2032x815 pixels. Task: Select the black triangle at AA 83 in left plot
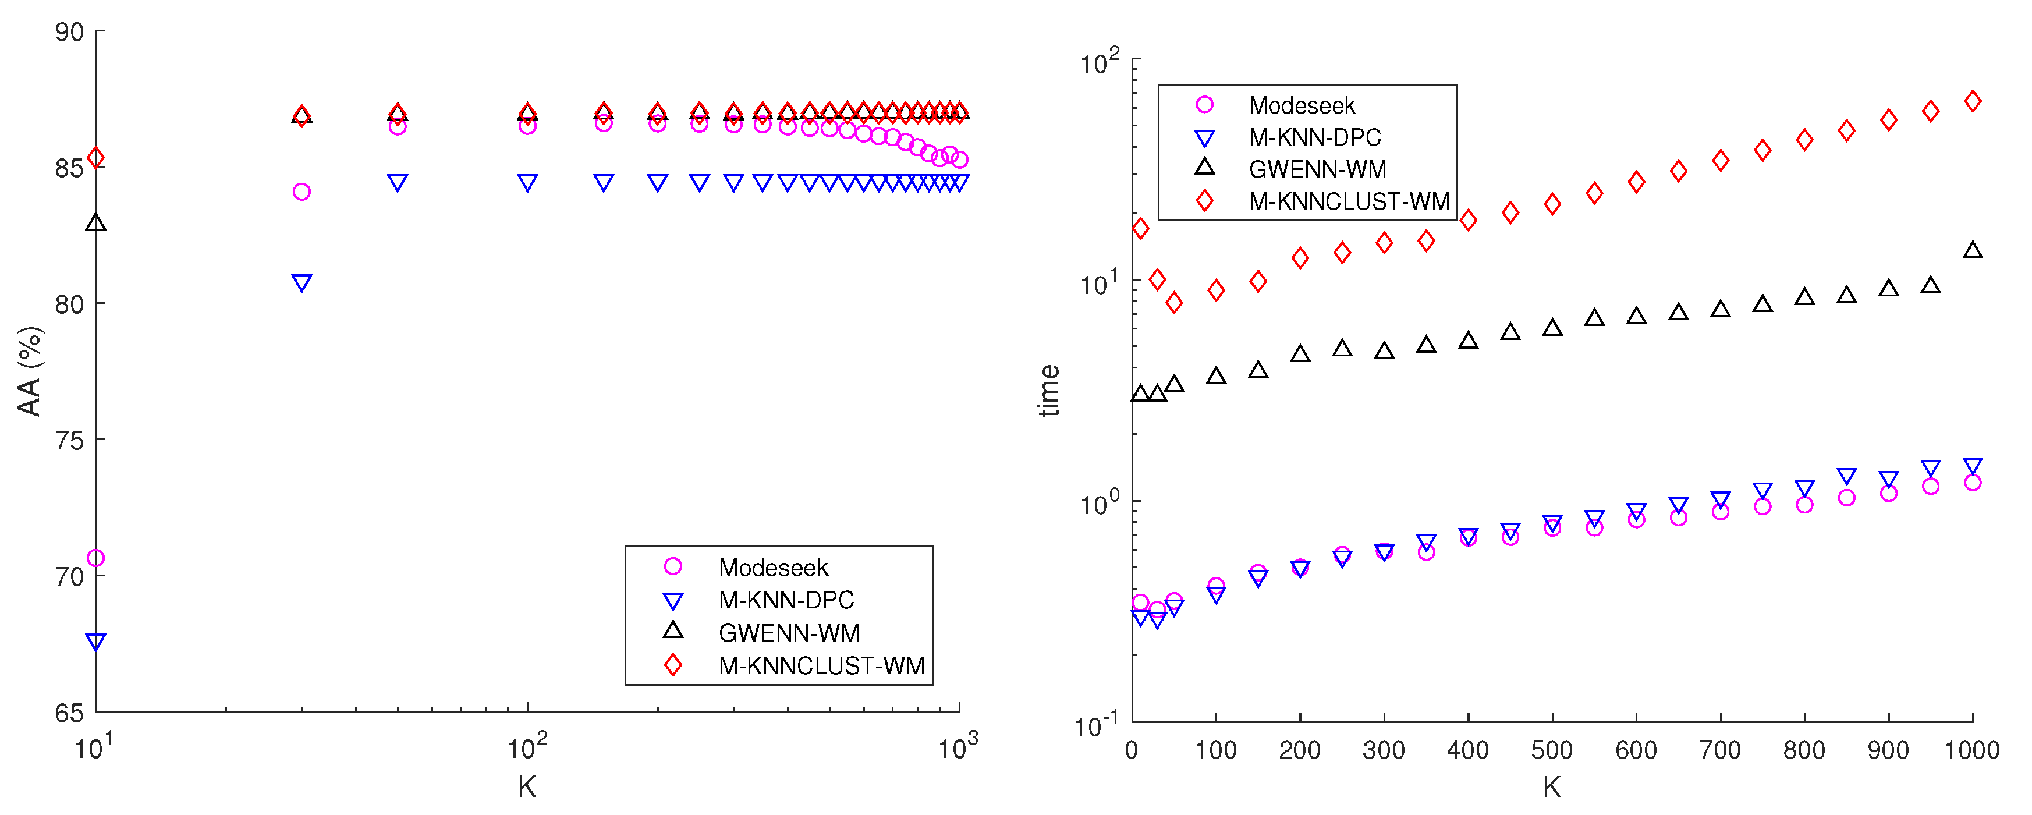[95, 222]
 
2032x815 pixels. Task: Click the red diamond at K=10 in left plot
[95, 158]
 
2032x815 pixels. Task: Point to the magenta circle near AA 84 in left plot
[302, 192]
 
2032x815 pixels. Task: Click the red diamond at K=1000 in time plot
[1973, 101]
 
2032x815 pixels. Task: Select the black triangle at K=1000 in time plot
[1973, 251]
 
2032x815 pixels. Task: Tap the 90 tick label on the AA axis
[69, 33]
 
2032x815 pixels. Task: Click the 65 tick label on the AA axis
[69, 713]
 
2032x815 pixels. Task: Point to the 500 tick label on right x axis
[1552, 750]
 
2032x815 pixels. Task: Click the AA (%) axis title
[29, 371]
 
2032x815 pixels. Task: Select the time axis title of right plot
[1049, 391]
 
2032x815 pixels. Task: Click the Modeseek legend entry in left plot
[773, 567]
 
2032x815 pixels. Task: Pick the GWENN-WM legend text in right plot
[1317, 169]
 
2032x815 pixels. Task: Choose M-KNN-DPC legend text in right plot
[1315, 137]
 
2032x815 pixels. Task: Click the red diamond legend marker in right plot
[1204, 201]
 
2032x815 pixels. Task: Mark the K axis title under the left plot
[527, 786]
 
